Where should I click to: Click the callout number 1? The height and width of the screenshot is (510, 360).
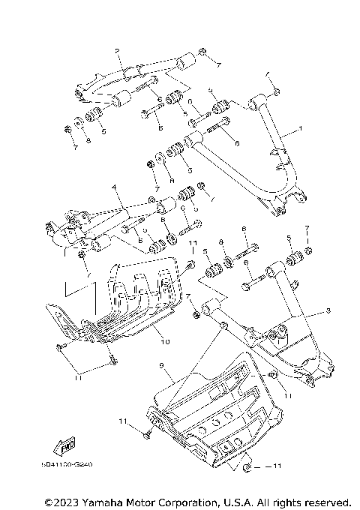(300, 129)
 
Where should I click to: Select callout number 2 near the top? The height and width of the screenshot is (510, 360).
(118, 50)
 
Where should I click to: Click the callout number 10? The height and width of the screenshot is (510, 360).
(164, 341)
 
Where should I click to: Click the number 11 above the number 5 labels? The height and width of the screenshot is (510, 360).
(192, 244)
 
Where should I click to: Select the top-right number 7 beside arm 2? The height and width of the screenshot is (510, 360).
(218, 66)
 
